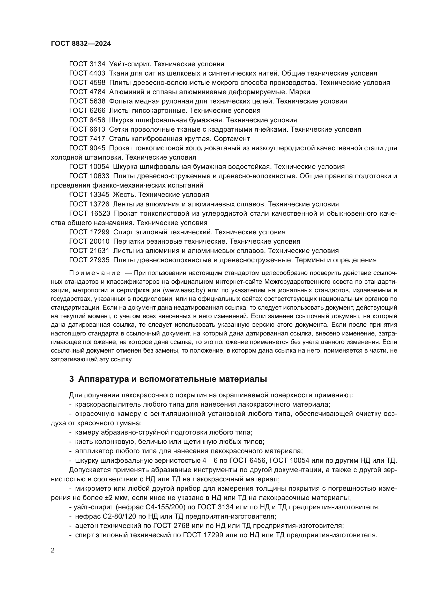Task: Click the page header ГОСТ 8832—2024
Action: (81, 44)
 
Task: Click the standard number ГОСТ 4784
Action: (87, 92)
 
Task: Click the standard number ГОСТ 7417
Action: (87, 139)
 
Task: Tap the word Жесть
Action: (124, 195)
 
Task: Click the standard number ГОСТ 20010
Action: (89, 241)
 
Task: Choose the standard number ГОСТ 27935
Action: (89, 260)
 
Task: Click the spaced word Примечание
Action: (95, 273)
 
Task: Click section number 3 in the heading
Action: (71, 379)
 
